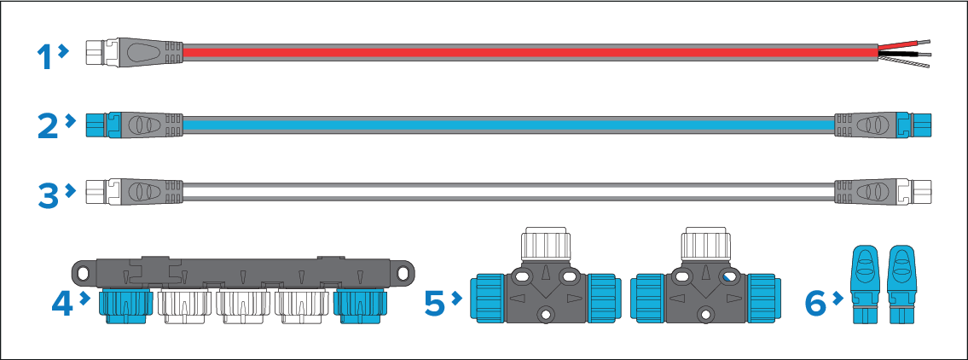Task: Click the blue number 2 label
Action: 48,126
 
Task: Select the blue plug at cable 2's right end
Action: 921,125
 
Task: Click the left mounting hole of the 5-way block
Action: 83,273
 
